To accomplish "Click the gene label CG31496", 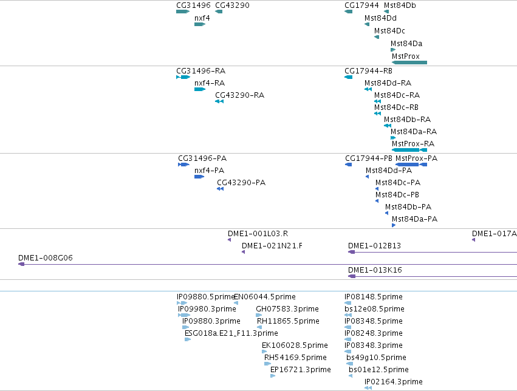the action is [193, 5].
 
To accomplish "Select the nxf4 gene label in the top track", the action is [202, 18].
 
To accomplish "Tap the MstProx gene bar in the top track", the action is [409, 63].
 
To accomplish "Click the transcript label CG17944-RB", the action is [368, 71].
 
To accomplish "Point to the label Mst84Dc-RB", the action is [396, 107].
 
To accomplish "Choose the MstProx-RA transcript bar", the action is [409, 150].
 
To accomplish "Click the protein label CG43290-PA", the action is [241, 183].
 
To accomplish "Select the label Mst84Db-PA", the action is [408, 207].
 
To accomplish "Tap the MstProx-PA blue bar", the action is [411, 165].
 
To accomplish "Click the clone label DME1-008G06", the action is [45, 258].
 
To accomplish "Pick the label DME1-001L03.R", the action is [258, 234].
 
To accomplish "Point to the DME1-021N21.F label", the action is [272, 246].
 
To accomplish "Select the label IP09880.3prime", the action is [211, 321].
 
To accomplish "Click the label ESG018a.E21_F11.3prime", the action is [231, 333].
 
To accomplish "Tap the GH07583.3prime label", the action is [287, 309].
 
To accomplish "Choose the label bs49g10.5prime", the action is [376, 358].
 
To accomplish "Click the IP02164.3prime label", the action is [393, 382].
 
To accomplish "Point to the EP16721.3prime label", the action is [300, 370].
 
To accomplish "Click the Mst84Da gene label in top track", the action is [406, 44].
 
